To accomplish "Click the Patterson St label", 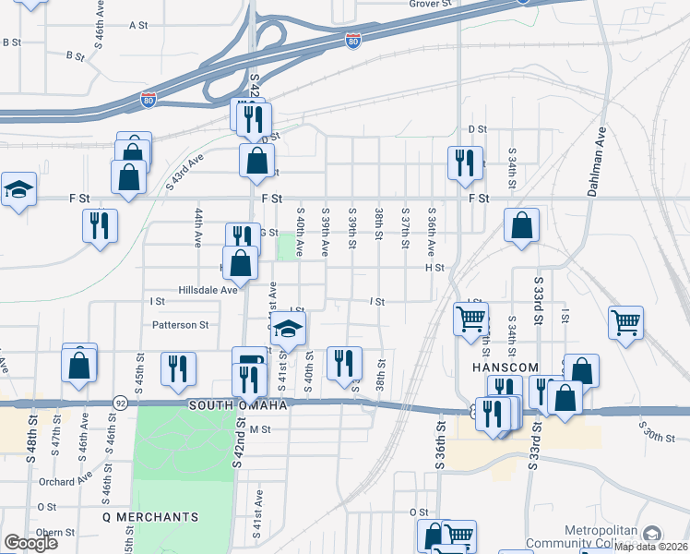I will click(x=181, y=325).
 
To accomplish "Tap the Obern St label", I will click(x=55, y=532).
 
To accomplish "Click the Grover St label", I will click(x=430, y=4).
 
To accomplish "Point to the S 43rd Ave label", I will click(x=184, y=174).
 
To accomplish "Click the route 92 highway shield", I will click(x=121, y=403).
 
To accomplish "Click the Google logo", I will click(x=30, y=543).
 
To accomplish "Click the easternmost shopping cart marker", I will click(x=625, y=323).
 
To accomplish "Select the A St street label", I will click(x=139, y=25).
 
